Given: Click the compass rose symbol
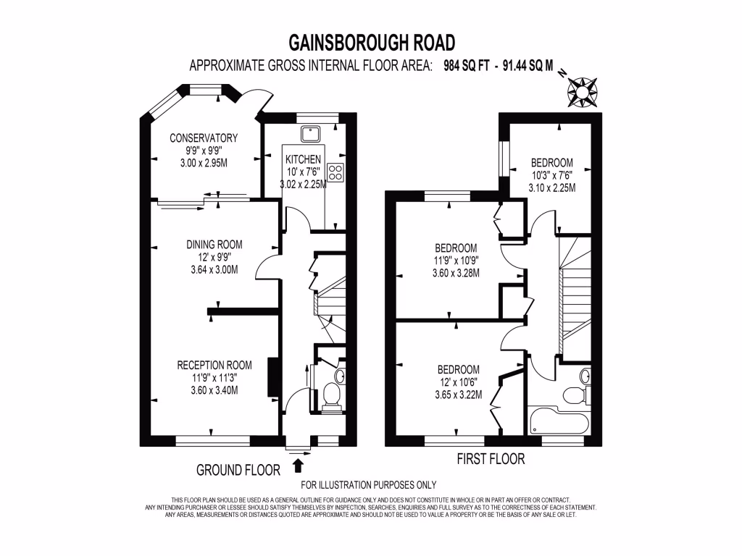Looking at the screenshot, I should coord(581,90).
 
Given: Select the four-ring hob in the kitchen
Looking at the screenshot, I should coord(335,172).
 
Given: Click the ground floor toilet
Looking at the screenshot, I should coord(333,395).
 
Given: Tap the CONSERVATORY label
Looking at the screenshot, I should coord(204,138).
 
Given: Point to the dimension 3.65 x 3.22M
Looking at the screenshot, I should coord(458,395).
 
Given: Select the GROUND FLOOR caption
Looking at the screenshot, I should coord(238,470).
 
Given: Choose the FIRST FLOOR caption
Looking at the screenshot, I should coord(491,459).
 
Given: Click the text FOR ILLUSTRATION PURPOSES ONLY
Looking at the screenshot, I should coord(368,485).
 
